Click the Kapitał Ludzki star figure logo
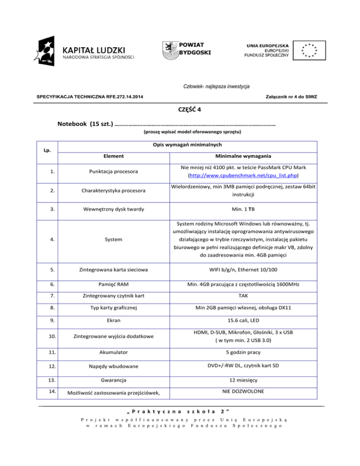48,48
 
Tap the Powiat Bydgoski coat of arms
169,49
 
